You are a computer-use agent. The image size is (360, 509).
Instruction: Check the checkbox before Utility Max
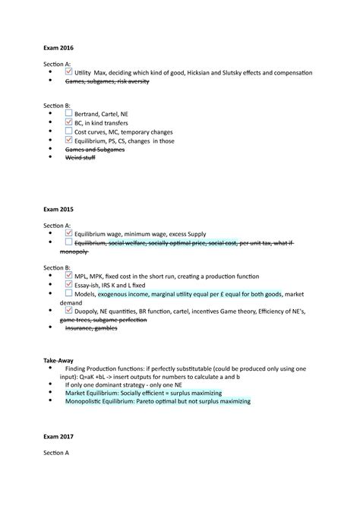[x=69, y=72]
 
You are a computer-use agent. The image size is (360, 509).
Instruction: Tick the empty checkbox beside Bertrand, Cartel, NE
[x=69, y=111]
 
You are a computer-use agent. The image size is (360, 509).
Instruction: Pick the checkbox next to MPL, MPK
[x=69, y=272]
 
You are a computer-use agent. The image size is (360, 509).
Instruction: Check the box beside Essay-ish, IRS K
[x=69, y=282]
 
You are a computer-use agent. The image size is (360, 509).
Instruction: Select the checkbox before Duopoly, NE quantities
[x=69, y=310]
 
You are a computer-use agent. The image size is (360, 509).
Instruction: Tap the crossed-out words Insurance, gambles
[x=94, y=330]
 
